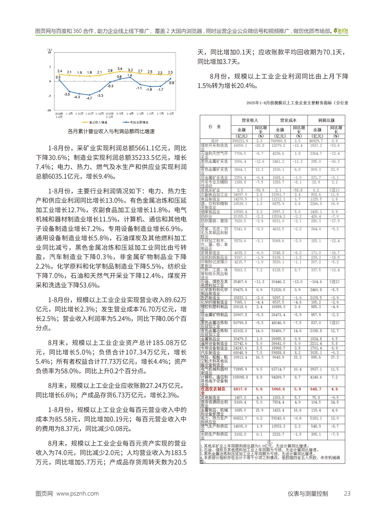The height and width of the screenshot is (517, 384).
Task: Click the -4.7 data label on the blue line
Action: (89, 98)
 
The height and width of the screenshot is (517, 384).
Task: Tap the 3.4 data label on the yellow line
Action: (120, 69)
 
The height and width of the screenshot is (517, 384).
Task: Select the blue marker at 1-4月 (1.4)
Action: (130, 77)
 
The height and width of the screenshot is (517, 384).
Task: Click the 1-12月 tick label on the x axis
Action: (99, 114)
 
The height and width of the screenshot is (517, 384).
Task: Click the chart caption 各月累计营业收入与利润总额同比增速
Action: (111, 132)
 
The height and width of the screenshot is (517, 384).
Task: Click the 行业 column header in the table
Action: (215, 127)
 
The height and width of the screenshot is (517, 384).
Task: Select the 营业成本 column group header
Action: (288, 120)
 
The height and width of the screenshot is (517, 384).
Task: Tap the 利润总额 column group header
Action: (326, 120)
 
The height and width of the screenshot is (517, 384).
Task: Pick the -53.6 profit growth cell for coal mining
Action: (334, 146)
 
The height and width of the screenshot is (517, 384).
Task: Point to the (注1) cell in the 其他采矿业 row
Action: (334, 190)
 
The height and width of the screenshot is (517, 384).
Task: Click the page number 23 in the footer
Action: (347, 494)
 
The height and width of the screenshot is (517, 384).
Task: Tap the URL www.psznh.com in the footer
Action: (78, 494)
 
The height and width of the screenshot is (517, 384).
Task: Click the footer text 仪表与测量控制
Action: (308, 494)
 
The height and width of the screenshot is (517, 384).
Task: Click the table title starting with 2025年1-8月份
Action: (297, 103)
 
